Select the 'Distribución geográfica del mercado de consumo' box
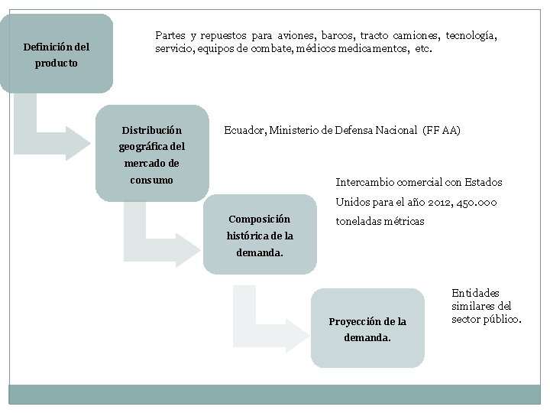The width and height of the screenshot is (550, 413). coord(152,154)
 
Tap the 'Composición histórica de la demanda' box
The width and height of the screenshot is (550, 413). coord(260,234)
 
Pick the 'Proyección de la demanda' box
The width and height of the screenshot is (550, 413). coord(367,328)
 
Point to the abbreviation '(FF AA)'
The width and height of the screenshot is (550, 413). coord(442,131)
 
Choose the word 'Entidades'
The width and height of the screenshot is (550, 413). coord(475,293)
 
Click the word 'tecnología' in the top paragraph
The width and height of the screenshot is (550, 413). coord(471,36)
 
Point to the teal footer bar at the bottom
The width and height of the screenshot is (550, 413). coord(274,394)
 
